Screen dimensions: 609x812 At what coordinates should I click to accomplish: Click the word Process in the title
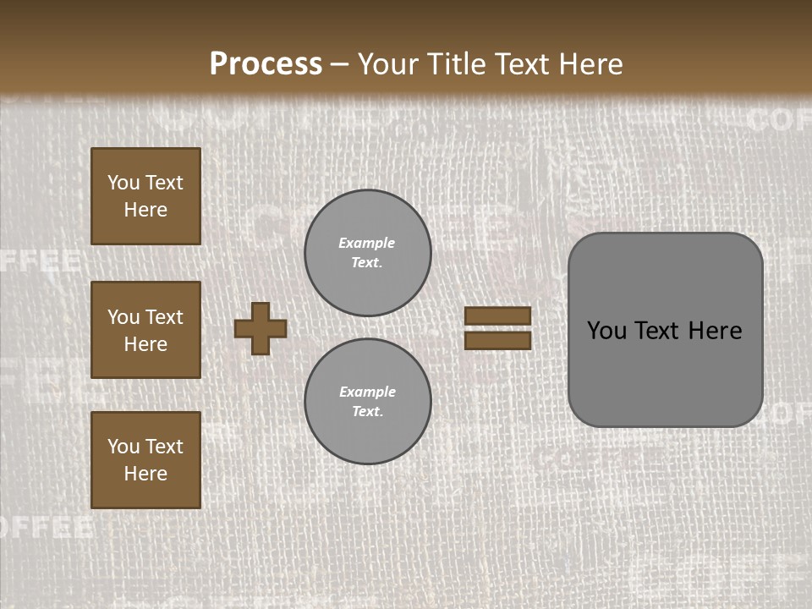[x=266, y=64]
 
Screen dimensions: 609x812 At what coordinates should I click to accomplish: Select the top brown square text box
[x=145, y=196]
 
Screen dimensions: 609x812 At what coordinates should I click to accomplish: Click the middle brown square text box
[x=145, y=330]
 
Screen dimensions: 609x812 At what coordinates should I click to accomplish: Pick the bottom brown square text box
[x=145, y=460]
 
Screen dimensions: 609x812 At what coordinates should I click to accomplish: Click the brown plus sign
[x=261, y=329]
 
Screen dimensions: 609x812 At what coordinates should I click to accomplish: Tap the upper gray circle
[x=368, y=253]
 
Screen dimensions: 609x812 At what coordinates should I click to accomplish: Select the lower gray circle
[x=368, y=402]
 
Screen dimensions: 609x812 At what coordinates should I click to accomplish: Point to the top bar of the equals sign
[x=498, y=316]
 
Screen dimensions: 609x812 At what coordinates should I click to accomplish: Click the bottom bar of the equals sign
[x=498, y=340]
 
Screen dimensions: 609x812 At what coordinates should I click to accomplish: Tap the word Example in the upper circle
[x=367, y=243]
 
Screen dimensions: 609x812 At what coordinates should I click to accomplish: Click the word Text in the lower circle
[x=367, y=412]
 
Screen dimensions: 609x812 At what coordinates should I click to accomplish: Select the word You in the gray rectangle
[x=606, y=331]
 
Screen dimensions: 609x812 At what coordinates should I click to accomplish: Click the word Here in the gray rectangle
[x=715, y=331]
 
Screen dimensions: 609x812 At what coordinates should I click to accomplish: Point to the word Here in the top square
[x=145, y=210]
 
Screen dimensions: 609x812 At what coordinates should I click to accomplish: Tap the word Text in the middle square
[x=164, y=317]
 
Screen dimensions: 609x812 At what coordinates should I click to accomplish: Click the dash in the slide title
[x=340, y=65]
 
